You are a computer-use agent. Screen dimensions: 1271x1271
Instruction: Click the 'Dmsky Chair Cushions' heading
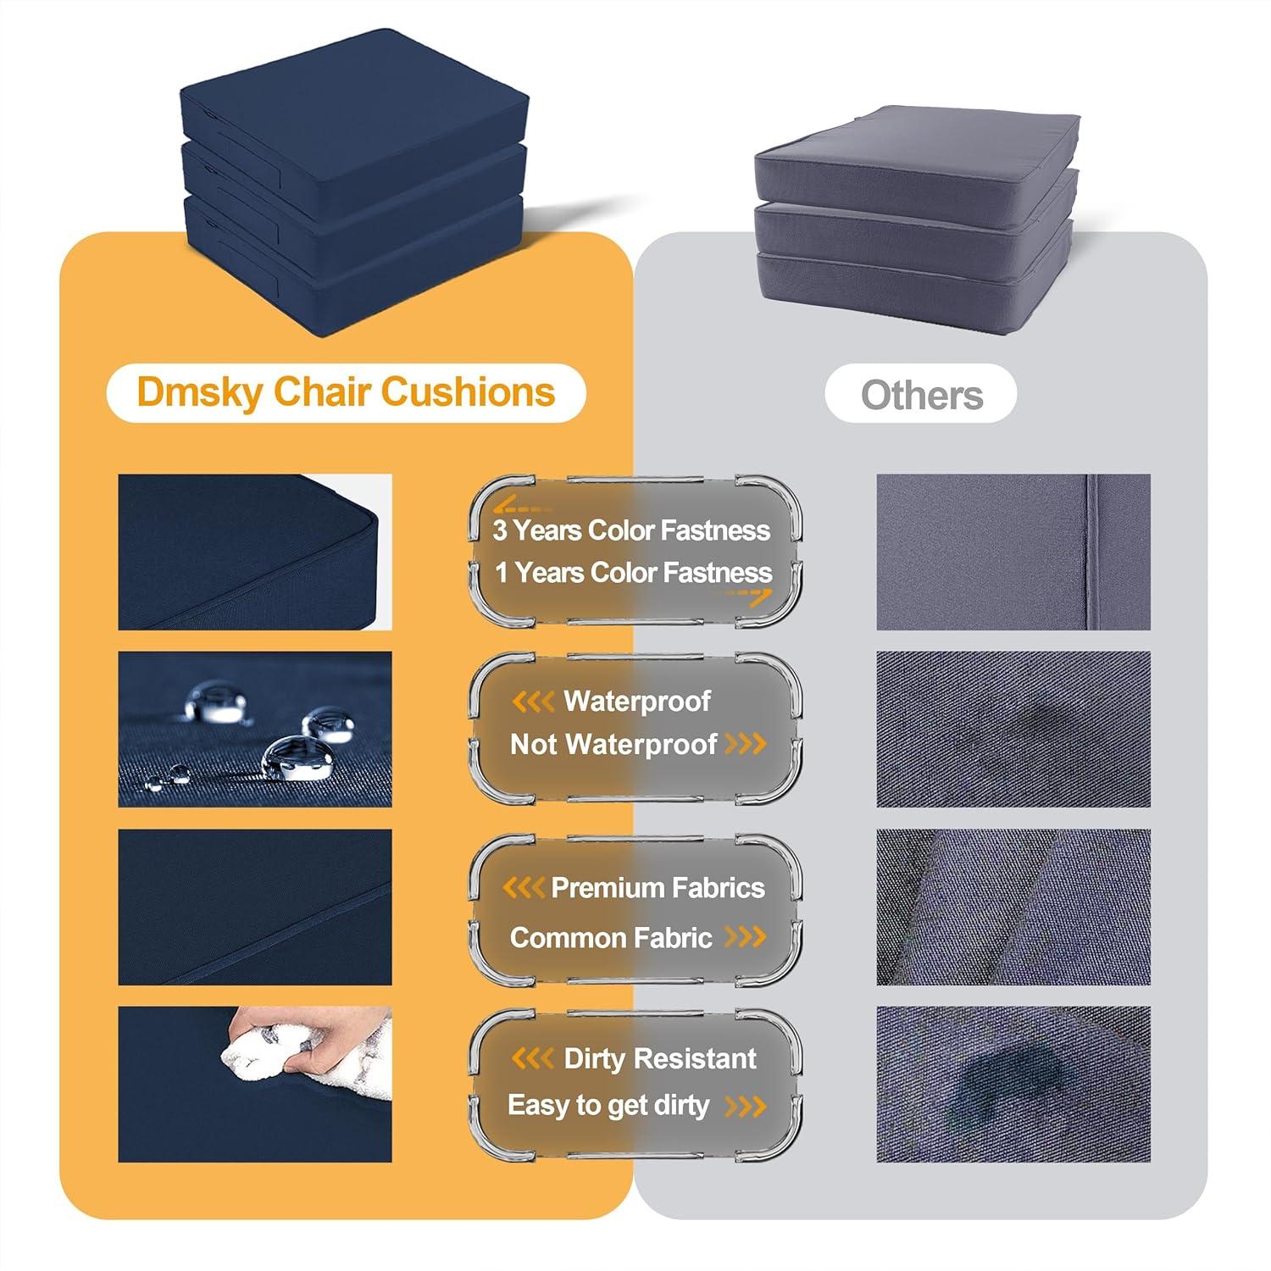click(346, 392)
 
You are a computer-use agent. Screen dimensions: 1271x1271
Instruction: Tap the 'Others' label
click(922, 395)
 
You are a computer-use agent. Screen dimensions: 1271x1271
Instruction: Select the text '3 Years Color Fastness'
click(631, 531)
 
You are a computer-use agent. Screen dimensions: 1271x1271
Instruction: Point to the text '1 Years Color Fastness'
click(633, 573)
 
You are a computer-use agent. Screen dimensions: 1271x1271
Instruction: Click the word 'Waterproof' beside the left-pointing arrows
click(637, 702)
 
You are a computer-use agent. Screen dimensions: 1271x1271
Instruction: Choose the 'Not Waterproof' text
click(613, 745)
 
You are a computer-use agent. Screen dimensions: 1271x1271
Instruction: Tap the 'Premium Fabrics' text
click(658, 888)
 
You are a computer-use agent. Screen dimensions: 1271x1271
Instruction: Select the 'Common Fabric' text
click(611, 938)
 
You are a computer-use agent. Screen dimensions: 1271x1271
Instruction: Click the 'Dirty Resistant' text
click(660, 1059)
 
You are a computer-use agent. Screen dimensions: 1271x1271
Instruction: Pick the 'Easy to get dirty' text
click(608, 1106)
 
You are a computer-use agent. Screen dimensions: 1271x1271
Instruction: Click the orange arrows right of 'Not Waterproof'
click(746, 745)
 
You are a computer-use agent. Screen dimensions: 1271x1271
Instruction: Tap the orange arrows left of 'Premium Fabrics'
click(524, 888)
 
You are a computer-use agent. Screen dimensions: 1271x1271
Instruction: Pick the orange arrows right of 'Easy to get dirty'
click(746, 1106)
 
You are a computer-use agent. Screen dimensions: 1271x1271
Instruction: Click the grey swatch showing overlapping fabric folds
click(1013, 907)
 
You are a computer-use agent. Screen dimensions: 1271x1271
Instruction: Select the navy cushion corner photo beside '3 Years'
click(255, 552)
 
